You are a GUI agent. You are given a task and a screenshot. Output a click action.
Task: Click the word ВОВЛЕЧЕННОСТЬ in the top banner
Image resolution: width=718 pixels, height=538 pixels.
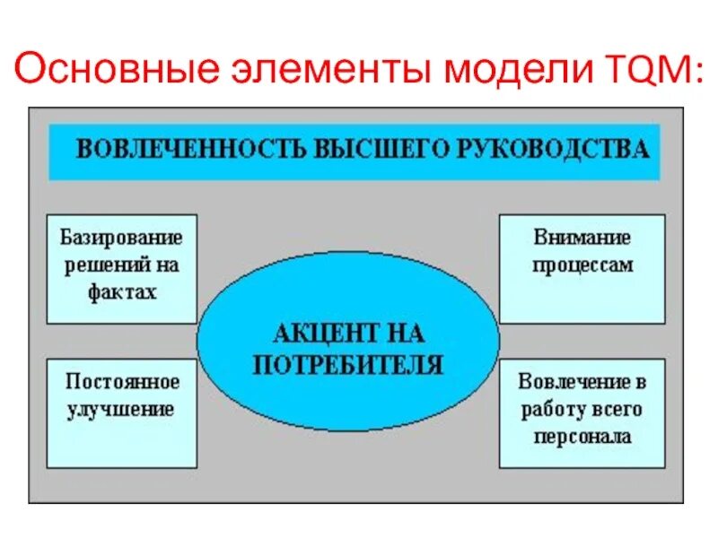tap(188, 148)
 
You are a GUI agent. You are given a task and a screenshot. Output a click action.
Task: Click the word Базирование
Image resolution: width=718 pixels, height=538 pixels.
tap(121, 239)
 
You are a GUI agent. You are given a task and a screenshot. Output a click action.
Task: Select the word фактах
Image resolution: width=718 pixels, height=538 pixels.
tap(122, 291)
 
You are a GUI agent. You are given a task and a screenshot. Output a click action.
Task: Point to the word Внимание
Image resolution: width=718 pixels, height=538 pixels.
tap(582, 239)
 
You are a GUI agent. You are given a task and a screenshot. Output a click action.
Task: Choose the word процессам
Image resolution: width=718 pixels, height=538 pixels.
tap(582, 265)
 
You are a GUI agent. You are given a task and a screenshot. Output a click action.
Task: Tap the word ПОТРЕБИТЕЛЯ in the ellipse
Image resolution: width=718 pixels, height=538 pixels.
tap(347, 365)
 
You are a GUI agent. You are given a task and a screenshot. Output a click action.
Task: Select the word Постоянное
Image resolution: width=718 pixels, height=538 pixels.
tap(122, 382)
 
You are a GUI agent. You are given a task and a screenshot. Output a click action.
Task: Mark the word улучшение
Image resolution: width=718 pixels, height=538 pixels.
tap(118, 410)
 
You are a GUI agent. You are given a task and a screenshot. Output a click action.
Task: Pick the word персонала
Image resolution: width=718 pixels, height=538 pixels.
tap(582, 437)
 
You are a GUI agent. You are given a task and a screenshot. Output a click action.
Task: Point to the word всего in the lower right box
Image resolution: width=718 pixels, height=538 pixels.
tap(616, 410)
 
